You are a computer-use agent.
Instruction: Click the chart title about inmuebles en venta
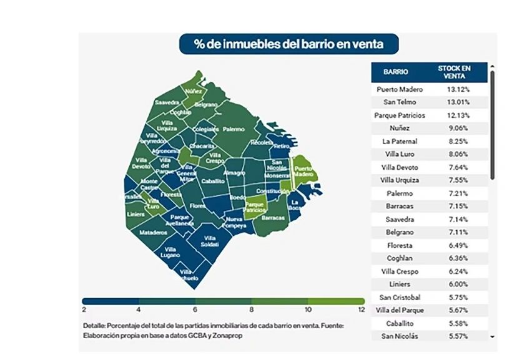288,44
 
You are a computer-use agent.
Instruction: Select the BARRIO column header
396,72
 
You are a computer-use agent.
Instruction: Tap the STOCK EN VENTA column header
454,72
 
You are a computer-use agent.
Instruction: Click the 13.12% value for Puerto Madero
458,89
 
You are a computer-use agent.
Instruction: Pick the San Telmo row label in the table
400,102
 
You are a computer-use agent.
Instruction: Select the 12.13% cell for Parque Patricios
458,115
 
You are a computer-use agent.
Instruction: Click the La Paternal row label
400,141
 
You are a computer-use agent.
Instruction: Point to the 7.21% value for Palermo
458,193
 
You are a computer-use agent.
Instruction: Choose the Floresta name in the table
400,245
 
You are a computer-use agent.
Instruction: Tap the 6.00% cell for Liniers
458,284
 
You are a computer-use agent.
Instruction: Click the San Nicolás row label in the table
400,336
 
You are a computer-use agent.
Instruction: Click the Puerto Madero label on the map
303,172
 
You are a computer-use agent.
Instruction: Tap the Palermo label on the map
233,129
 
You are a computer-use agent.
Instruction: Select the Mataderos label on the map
153,232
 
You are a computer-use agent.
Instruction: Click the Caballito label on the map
212,180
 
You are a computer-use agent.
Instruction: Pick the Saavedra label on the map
167,102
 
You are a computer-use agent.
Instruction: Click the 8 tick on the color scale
252,309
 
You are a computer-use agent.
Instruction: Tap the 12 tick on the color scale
361,309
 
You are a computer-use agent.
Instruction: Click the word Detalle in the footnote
94,326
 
